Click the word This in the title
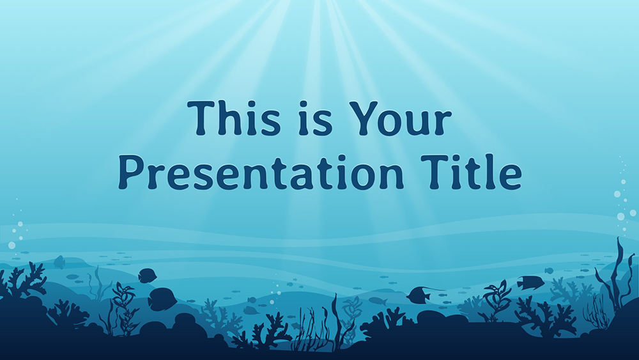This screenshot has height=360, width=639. pyautogui.click(x=234, y=118)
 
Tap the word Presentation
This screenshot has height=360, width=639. pyautogui.click(x=261, y=171)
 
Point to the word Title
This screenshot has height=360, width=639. pyautogui.click(x=471, y=171)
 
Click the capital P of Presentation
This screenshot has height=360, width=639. pyautogui.click(x=131, y=172)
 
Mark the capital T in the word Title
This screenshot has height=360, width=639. pyautogui.click(x=435, y=172)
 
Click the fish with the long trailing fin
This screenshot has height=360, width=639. pyautogui.click(x=420, y=294)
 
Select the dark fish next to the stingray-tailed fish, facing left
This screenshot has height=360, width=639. pyautogui.click(x=530, y=282)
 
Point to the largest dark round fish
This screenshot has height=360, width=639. pyautogui.click(x=162, y=299)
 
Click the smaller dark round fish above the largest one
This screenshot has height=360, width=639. pyautogui.click(x=147, y=276)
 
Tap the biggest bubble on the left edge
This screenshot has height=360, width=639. pyautogui.click(x=12, y=245)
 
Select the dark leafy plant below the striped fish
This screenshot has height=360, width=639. pyautogui.click(x=497, y=300)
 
